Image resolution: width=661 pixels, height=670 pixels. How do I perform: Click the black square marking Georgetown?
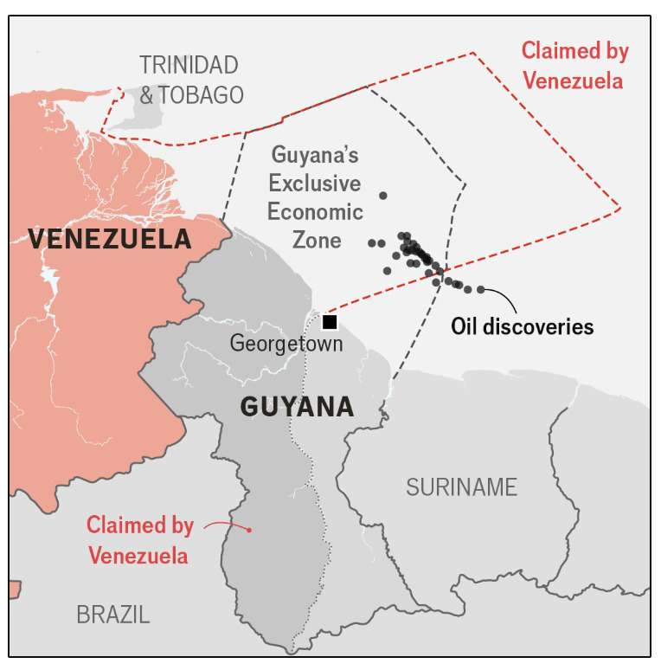(x=330, y=322)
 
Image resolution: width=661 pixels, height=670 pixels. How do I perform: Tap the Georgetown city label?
(x=286, y=344)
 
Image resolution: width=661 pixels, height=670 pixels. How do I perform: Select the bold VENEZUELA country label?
(x=109, y=238)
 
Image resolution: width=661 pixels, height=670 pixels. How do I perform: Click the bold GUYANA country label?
(x=297, y=407)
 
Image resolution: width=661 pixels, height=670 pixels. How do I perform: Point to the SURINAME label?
(x=461, y=487)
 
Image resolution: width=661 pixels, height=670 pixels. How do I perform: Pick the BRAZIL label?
(x=112, y=615)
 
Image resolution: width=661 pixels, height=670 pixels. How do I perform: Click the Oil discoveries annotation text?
(x=522, y=327)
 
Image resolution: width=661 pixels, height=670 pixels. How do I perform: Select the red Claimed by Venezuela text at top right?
(x=574, y=66)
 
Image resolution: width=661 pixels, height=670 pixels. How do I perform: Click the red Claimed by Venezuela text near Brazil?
(x=138, y=539)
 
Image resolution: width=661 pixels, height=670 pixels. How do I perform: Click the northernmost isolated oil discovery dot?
(x=383, y=196)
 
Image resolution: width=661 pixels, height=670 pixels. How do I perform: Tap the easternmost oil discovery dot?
(x=481, y=290)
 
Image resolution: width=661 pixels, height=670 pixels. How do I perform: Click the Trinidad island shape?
(x=130, y=113)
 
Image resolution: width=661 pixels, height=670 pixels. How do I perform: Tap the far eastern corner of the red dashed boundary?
(x=619, y=208)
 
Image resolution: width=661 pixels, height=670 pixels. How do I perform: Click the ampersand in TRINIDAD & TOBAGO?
(x=146, y=94)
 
